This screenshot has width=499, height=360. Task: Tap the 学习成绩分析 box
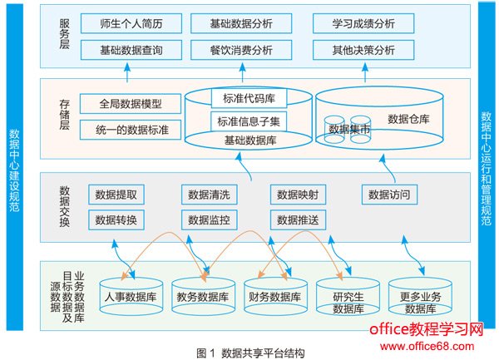pyautogui.click(x=363, y=23)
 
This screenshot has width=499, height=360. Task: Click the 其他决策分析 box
pyautogui.click(x=363, y=50)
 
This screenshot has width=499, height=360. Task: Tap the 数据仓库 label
pyautogui.click(x=409, y=120)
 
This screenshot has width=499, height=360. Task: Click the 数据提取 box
pyautogui.click(x=116, y=195)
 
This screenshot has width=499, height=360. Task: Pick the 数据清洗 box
pyautogui.click(x=209, y=195)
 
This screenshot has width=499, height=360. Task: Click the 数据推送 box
pyautogui.click(x=298, y=220)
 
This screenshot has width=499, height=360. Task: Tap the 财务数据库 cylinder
pyautogui.click(x=274, y=297)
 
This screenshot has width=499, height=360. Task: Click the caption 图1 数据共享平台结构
pyautogui.click(x=250, y=352)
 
